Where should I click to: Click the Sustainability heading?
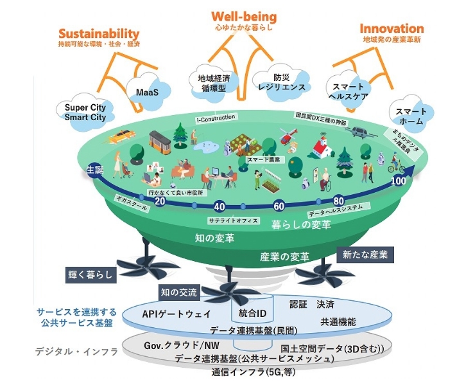pyautogui.click(x=98, y=33)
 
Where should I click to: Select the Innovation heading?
pyautogui.click(x=391, y=29)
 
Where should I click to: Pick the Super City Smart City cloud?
pyautogui.click(x=85, y=112)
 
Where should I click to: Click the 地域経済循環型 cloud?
pyautogui.click(x=209, y=83)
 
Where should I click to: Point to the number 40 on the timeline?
pyautogui.click(x=219, y=207)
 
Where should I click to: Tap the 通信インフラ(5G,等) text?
pyautogui.click(x=249, y=372)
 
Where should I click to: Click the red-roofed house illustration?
pyautogui.click(x=321, y=147)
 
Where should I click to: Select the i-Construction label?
pyautogui.click(x=216, y=118)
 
